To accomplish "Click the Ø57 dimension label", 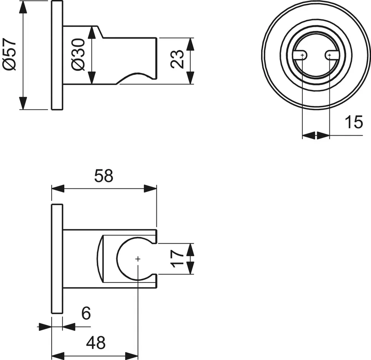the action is coord(9,54).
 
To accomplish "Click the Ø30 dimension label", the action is coord(78,55).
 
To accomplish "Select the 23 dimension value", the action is coord(177,59).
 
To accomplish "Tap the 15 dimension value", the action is coord(354,122).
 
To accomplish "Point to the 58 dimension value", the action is coord(104,176).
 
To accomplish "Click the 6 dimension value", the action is coord(86,313).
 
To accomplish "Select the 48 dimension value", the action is coord(96,343).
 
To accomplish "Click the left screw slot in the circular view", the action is coord(300,55).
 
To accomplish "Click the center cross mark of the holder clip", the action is coord(138,259).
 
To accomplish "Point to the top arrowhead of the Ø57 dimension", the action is coord(22,7).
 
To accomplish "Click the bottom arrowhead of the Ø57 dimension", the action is coord(22,103).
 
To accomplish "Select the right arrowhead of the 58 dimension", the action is coord(150,189).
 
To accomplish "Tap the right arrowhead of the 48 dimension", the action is coord(131,356).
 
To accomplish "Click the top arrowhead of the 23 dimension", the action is coord(190,44).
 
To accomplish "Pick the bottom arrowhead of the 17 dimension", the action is coord(190,268).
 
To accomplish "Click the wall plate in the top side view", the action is coord(57,55).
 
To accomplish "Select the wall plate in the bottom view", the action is coord(57,259).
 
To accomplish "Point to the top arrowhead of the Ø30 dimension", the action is coord(91,32).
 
